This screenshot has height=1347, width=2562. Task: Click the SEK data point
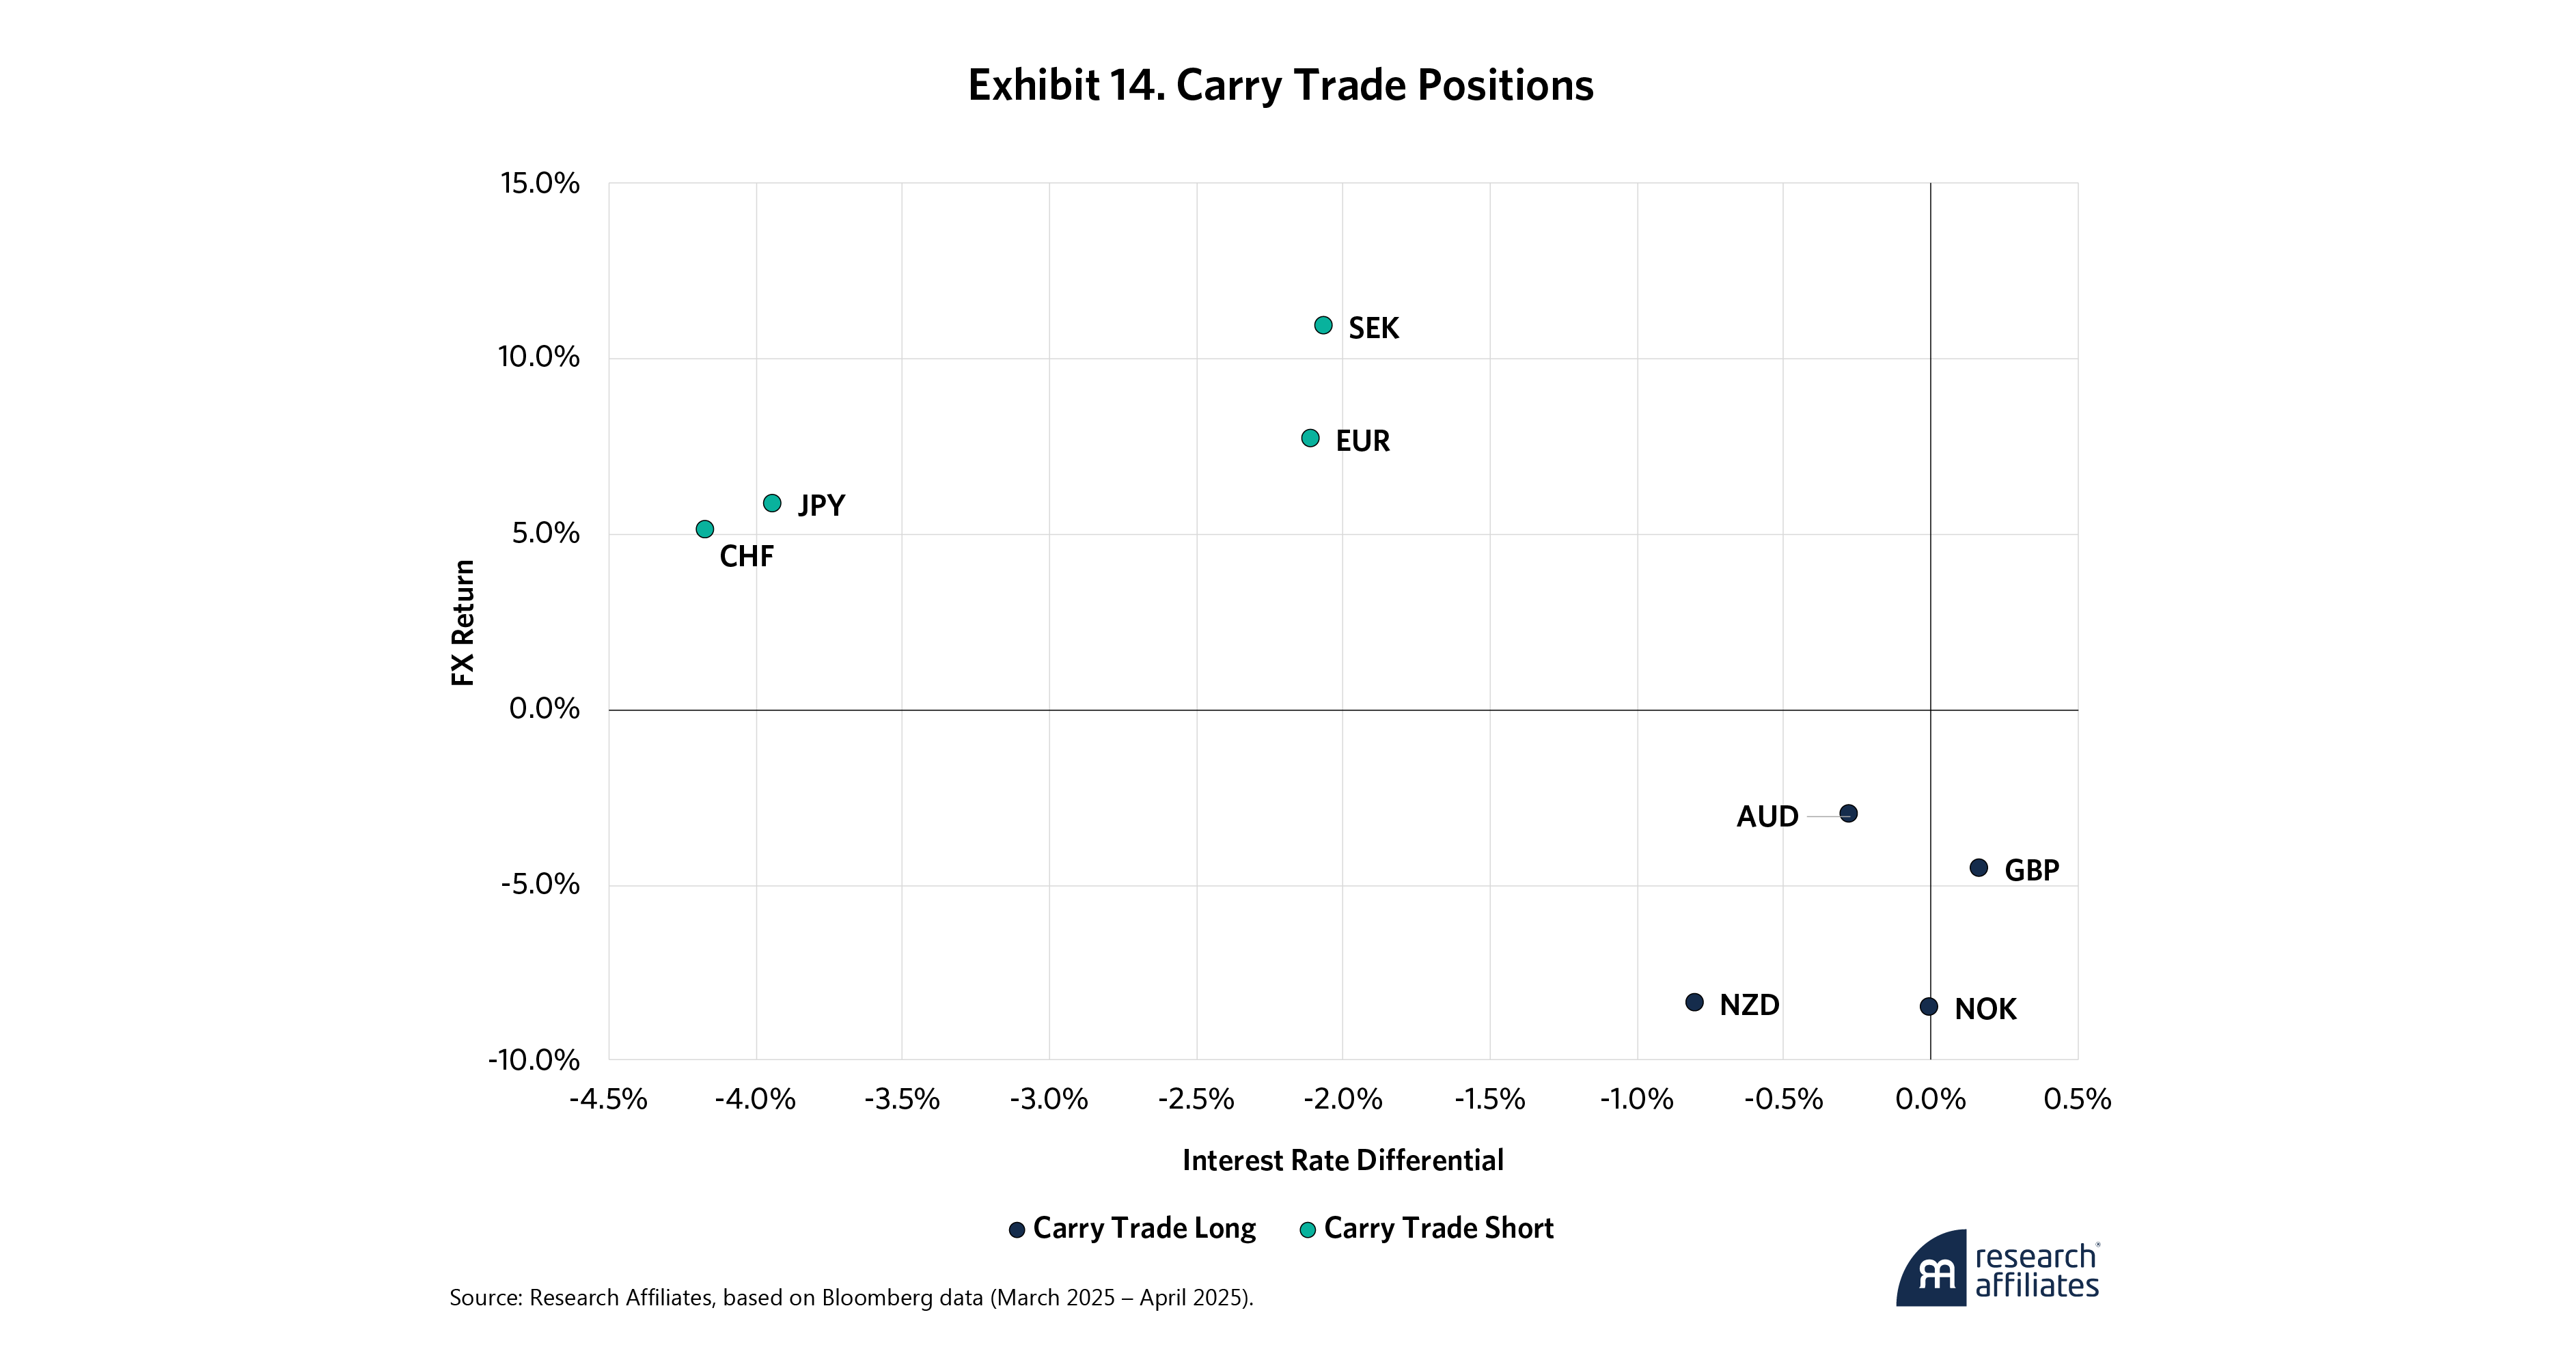[x=1323, y=325]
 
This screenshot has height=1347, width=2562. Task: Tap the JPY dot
[x=772, y=503]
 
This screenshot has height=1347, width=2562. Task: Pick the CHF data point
[x=704, y=529]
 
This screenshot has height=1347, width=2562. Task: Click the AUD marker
[x=1848, y=813]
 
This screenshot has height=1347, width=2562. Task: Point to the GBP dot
[x=1978, y=868]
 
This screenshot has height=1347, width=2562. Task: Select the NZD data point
[x=1694, y=1002]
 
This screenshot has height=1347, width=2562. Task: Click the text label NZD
[x=1750, y=1005]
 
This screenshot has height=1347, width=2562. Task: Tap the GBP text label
[x=2031, y=871]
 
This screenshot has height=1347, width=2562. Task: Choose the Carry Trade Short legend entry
[x=1427, y=1229]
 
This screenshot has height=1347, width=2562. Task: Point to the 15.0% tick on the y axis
[x=539, y=183]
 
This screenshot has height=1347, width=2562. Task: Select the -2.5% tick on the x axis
[x=1196, y=1100]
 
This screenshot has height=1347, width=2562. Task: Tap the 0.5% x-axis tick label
[x=2077, y=1100]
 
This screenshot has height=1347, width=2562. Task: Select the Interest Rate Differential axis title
[x=1342, y=1160]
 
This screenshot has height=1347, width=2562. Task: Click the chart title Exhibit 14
[x=1280, y=85]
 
